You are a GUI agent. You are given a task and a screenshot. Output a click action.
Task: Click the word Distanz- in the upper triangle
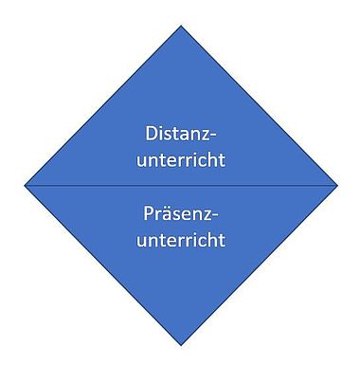click(x=181, y=133)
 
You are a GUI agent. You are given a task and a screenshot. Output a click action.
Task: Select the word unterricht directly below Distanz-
click(x=181, y=159)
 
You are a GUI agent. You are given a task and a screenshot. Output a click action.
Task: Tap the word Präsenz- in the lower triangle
click(x=181, y=213)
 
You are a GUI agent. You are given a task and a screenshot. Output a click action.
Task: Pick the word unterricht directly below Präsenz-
click(x=181, y=240)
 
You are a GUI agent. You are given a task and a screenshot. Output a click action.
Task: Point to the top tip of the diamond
click(x=181, y=26)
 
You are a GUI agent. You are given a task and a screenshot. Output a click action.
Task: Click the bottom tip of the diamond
click(x=181, y=345)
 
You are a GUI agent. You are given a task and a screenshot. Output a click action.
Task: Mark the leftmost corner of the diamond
click(x=25, y=185)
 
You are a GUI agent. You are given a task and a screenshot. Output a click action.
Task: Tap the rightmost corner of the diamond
click(x=338, y=185)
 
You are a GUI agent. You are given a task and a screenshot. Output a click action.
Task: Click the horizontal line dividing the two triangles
click(x=181, y=186)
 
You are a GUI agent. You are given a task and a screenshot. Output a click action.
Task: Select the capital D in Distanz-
click(x=151, y=134)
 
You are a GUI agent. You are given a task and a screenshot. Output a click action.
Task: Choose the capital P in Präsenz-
click(x=149, y=213)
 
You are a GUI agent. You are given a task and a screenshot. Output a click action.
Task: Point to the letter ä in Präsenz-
click(x=166, y=214)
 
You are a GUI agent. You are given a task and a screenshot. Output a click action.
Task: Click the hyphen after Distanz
click(x=214, y=136)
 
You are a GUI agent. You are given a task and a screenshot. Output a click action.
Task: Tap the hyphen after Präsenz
click(x=215, y=216)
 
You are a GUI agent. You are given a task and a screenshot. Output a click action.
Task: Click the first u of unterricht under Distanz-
click(x=141, y=162)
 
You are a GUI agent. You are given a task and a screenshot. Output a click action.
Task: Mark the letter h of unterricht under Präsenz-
click(x=212, y=239)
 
